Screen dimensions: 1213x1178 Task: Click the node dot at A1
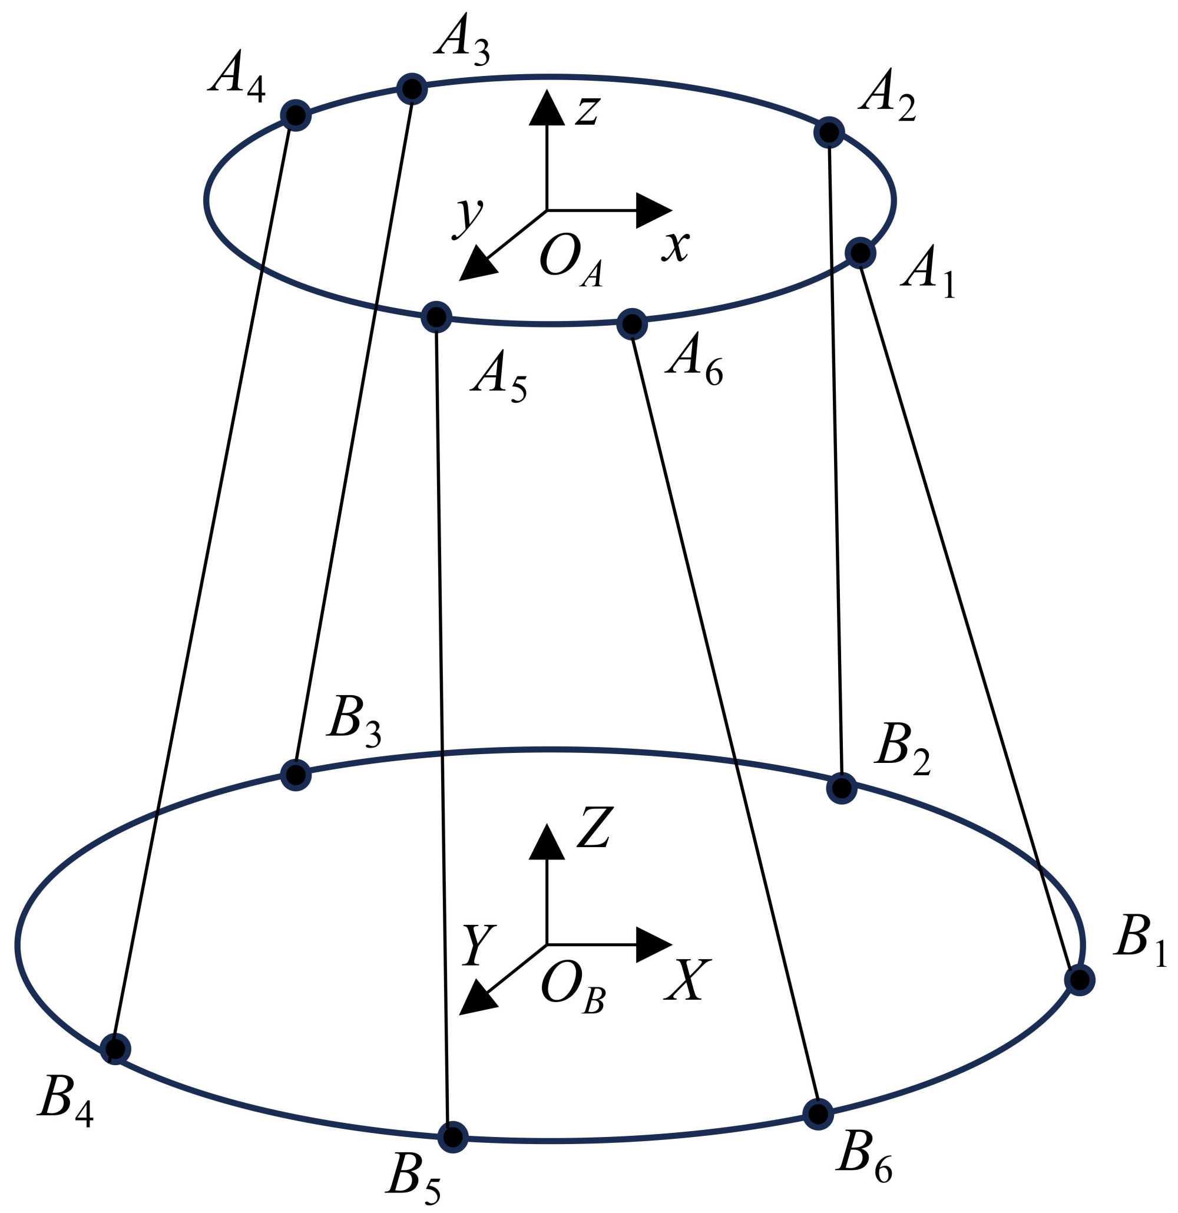[860, 253]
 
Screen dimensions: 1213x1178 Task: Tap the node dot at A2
[829, 133]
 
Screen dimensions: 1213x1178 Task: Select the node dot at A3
[412, 89]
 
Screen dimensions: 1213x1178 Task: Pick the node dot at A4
[296, 115]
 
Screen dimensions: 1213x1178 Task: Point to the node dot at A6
[631, 323]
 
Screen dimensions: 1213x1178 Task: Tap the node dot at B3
[296, 774]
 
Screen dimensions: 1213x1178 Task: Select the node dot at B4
[115, 1049]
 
